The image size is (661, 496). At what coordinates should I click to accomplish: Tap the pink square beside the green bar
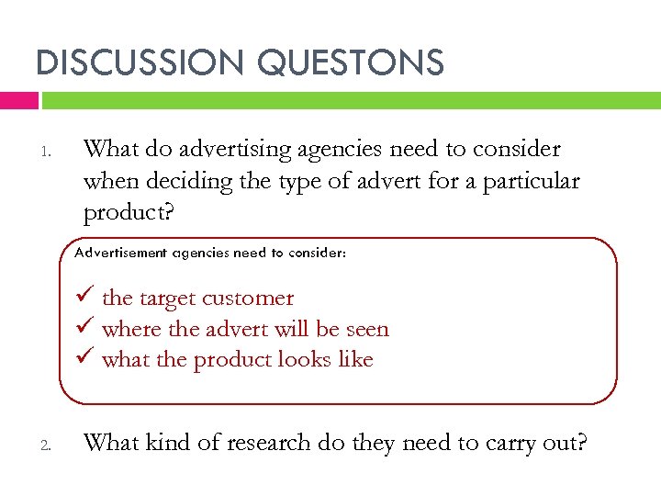pyautogui.click(x=19, y=100)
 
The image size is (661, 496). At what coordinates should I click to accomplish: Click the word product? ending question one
pyautogui.click(x=122, y=213)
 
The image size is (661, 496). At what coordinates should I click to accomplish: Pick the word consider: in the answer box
pyautogui.click(x=315, y=252)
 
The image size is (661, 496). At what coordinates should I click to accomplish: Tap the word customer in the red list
pyautogui.click(x=248, y=299)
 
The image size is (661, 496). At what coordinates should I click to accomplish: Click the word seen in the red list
pyautogui.click(x=367, y=330)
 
